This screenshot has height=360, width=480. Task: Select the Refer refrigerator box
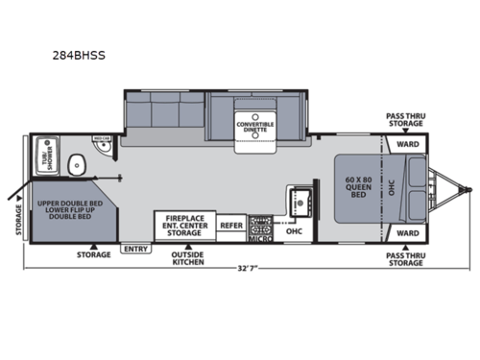(x=231, y=226)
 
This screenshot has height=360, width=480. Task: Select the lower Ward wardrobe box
(x=406, y=232)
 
